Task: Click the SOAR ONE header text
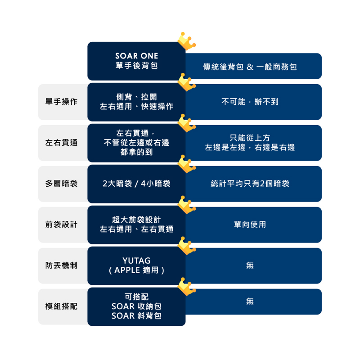137,56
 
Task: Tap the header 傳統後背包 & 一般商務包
250,67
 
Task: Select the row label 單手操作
61,102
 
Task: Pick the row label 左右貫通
61,143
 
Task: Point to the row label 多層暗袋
61,184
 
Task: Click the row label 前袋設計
61,224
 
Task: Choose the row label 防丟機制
61,265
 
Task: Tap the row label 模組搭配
61,306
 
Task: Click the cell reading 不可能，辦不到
250,102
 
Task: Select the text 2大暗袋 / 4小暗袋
137,184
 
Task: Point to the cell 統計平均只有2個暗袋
250,184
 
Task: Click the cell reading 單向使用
250,224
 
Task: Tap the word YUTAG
137,261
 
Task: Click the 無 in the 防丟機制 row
250,265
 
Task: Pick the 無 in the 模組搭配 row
250,301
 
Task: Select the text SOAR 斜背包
137,316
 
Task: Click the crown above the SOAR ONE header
187,41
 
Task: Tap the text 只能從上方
250,138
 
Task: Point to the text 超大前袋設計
137,220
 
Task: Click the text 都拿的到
137,152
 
